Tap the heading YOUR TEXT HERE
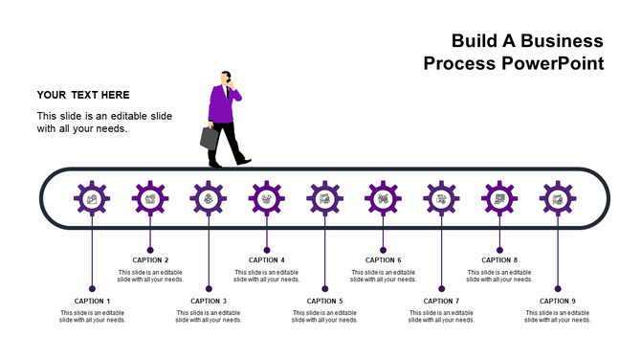pos(83,95)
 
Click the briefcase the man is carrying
pos(210,137)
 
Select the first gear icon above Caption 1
pos(92,199)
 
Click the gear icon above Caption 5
pos(325,199)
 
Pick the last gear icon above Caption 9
pos(558,199)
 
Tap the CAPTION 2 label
pos(150,259)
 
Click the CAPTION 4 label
pos(267,259)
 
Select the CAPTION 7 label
pos(441,301)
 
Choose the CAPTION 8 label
pos(499,259)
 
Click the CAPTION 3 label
pos(209,301)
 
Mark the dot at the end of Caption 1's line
pos(92,288)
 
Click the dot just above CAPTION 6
pos(383,249)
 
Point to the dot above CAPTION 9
pos(558,288)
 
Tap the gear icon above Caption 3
pos(209,199)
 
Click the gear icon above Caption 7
pos(441,199)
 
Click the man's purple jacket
pos(221,105)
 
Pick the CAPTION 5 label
pos(325,301)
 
